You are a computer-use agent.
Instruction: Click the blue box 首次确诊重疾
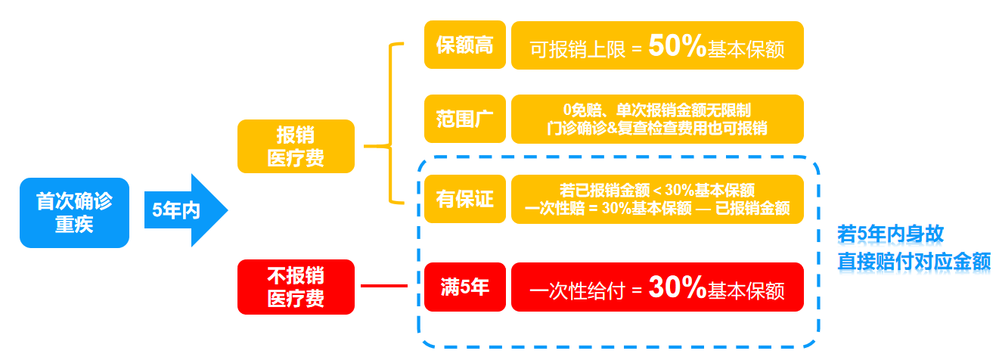(x=74, y=213)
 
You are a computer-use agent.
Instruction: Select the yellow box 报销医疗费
(x=295, y=146)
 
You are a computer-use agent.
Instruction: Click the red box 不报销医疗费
(x=295, y=287)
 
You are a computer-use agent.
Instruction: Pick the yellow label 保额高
(x=464, y=45)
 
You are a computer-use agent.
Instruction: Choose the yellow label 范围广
(x=464, y=119)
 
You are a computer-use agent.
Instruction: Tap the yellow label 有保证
(x=464, y=199)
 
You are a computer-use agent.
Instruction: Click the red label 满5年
(x=464, y=287)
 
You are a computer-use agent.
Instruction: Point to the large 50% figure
(x=677, y=47)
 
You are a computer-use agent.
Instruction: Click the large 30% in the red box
(x=677, y=287)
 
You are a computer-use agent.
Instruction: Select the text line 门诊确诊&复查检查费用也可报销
(x=656, y=128)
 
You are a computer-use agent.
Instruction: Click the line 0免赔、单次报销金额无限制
(x=656, y=110)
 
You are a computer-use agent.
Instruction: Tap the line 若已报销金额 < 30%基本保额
(x=656, y=191)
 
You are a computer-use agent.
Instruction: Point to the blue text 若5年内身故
(x=890, y=234)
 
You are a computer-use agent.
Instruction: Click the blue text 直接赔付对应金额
(x=914, y=261)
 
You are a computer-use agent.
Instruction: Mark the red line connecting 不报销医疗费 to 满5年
(x=384, y=287)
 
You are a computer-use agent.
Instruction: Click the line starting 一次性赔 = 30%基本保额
(x=656, y=208)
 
